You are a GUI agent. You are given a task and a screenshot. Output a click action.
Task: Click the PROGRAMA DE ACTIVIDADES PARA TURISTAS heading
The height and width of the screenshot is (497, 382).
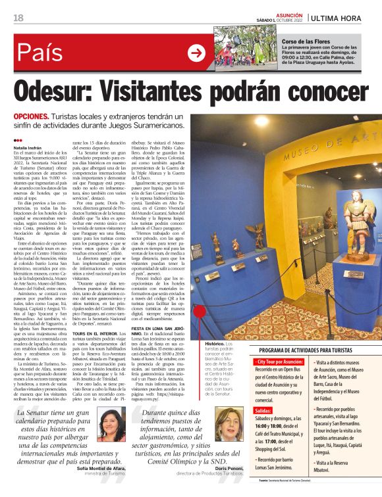[x=313, y=351]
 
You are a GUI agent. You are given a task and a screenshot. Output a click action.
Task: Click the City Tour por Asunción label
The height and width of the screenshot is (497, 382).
[x=279, y=362]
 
